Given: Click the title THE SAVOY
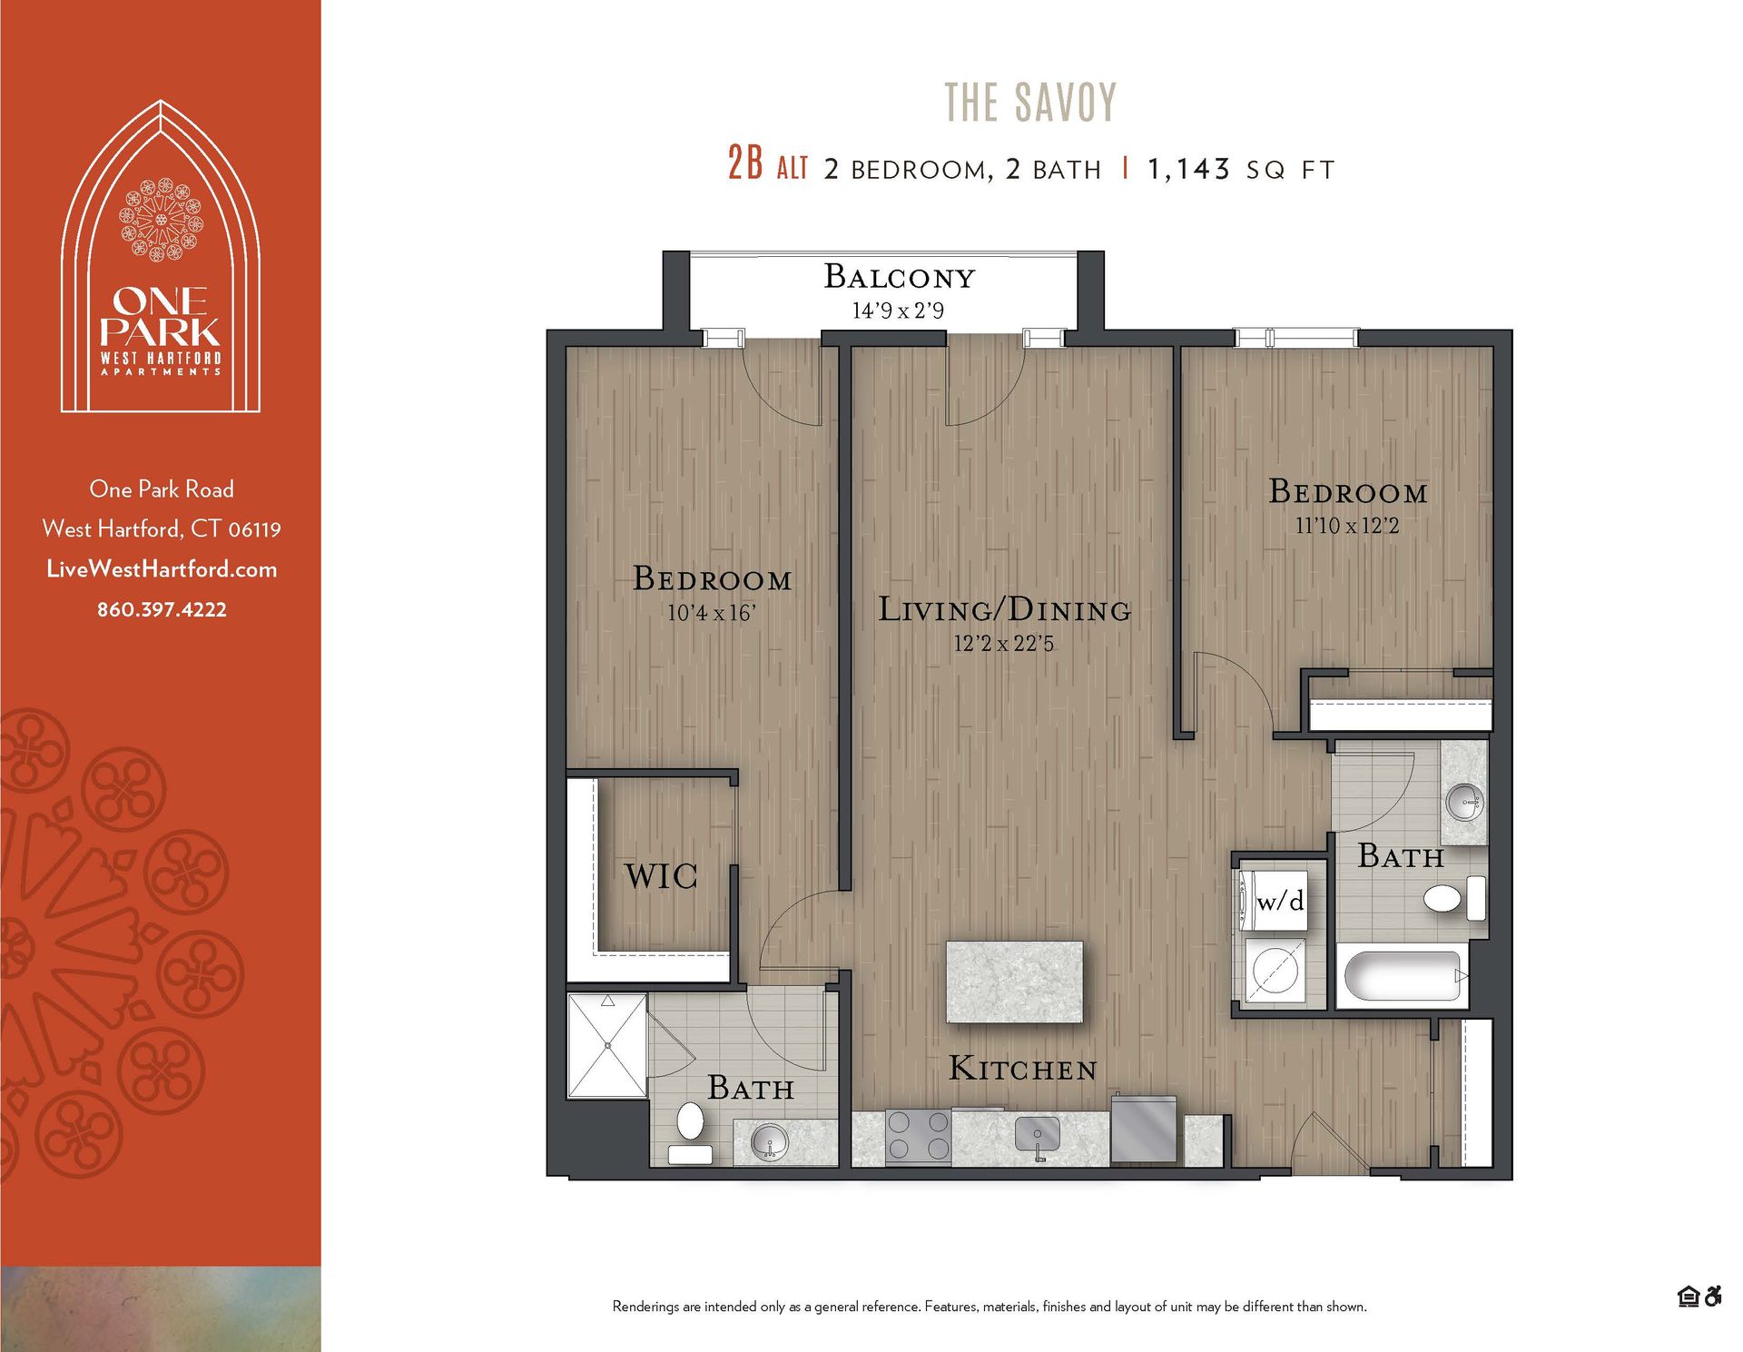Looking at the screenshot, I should point(1029,102).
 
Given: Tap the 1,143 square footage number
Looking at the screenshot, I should point(1188,169).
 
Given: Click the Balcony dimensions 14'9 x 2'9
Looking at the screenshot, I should point(898,311).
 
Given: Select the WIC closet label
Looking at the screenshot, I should point(661,876).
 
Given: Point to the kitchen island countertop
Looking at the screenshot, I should point(1014,982).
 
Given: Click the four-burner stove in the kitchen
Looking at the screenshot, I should point(918,1136).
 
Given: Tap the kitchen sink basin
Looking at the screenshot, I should point(1037,1134).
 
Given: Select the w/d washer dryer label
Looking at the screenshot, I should point(1280,901).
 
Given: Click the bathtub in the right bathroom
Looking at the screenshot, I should point(1403,977).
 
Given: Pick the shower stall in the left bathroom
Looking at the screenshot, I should point(606,1045).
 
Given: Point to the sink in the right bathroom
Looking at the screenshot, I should point(1464,802).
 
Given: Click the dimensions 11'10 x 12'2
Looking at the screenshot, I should point(1347,526).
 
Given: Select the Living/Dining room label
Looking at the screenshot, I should point(1004,609).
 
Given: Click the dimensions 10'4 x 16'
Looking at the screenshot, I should point(711,613).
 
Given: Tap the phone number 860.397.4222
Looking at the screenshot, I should point(162,609).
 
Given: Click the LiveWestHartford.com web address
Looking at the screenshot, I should point(162,569).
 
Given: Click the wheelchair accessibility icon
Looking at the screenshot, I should point(1712,1297).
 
